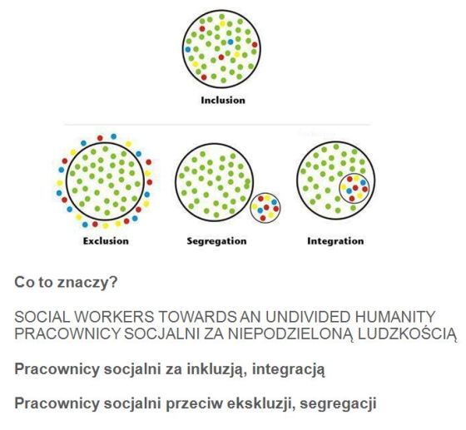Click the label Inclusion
point(223,100)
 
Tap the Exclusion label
point(106,241)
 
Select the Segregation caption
point(216,241)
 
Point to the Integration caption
point(335,241)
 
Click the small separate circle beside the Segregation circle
point(250,208)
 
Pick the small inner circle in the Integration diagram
point(340,188)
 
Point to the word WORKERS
point(115,317)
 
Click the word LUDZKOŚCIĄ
point(407,334)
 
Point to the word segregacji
point(338,404)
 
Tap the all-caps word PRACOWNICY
point(67,334)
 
